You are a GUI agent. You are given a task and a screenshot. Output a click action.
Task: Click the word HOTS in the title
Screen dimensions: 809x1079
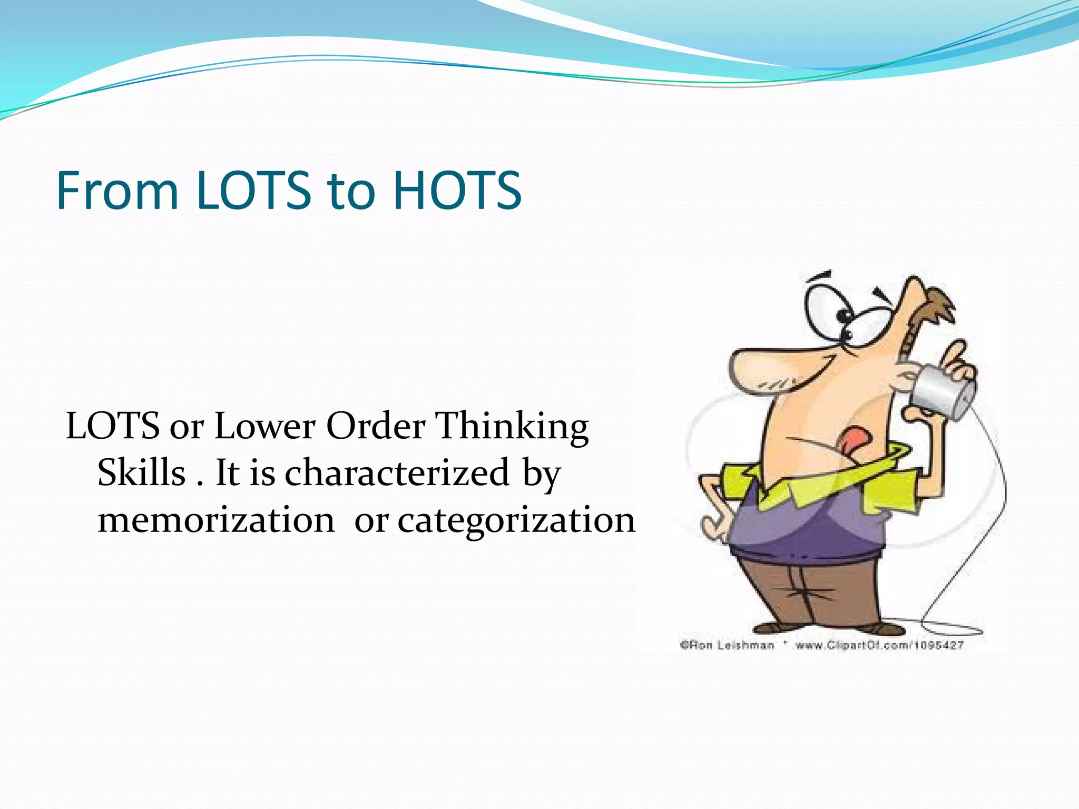tap(457, 190)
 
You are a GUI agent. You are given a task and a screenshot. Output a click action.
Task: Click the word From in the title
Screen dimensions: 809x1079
tap(117, 190)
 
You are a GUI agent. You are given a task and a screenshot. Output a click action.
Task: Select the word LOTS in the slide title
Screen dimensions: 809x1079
tap(254, 190)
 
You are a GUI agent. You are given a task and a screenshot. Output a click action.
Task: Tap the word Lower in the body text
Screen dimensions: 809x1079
tap(264, 426)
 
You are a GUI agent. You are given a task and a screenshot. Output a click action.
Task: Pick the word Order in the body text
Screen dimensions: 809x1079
tap(376, 426)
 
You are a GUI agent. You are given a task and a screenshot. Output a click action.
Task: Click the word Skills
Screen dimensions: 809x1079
tap(141, 472)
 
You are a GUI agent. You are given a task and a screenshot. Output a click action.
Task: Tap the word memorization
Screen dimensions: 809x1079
tap(216, 520)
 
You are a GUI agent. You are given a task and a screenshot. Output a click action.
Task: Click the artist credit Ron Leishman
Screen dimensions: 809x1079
tap(727, 645)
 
